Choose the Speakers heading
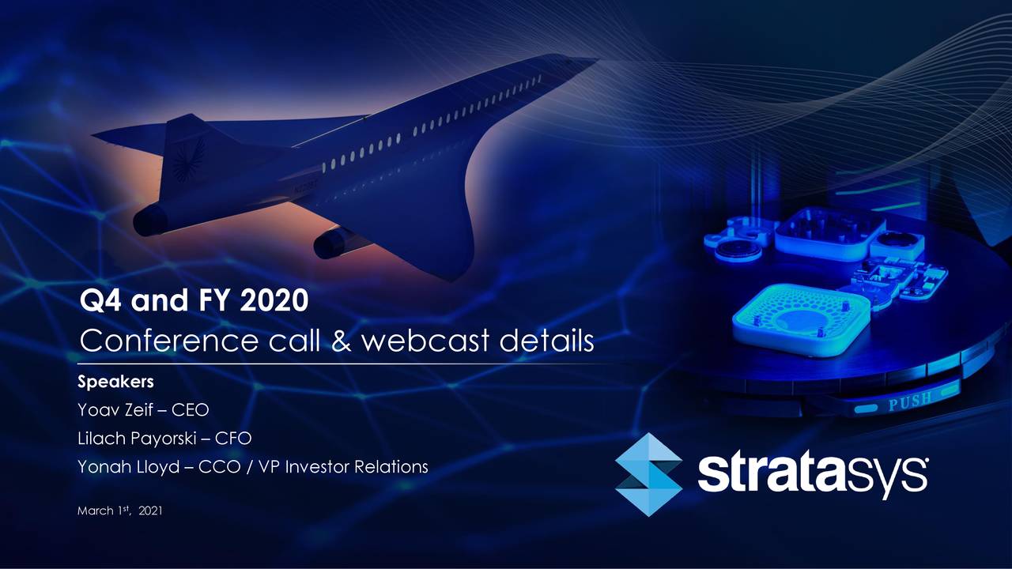click(115, 382)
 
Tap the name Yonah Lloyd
click(126, 467)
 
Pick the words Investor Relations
click(356, 467)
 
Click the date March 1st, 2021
click(119, 511)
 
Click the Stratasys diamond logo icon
click(648, 474)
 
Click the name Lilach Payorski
click(139, 439)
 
